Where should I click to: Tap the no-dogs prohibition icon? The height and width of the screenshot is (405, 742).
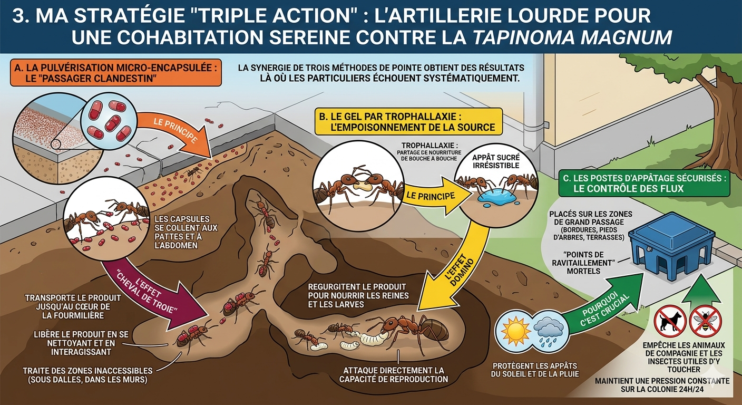point(670,321)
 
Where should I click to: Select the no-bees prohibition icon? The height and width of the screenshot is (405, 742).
point(705,321)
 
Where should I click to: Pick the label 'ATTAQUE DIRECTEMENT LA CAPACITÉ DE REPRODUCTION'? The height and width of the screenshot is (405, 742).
point(393,375)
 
